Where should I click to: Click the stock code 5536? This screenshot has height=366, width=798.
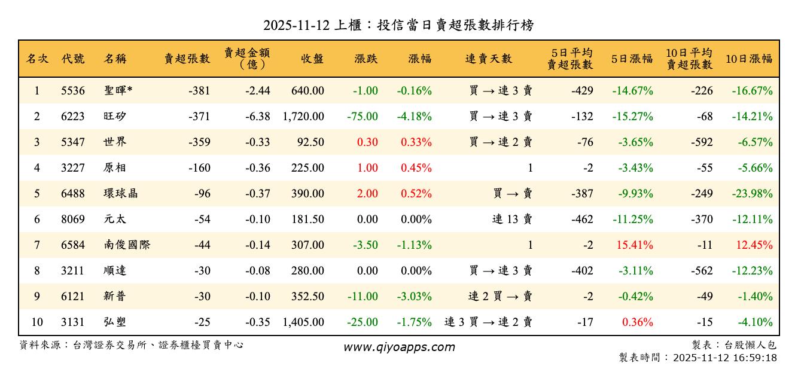(x=73, y=91)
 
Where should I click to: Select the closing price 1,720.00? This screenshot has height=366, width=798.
(x=303, y=117)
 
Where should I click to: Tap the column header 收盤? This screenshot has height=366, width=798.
(x=312, y=59)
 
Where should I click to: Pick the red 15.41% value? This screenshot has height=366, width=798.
(x=632, y=245)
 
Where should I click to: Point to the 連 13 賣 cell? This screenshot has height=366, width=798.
(x=512, y=219)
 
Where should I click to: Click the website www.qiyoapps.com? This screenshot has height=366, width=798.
(x=399, y=347)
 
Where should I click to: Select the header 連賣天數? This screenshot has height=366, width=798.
(x=489, y=59)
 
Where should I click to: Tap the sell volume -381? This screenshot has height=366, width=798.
(x=199, y=91)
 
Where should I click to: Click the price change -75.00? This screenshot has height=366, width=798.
(x=363, y=117)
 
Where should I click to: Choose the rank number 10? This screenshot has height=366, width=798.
(x=36, y=322)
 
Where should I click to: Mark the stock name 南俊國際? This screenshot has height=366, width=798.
(x=126, y=245)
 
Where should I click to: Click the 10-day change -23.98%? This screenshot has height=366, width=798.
(x=752, y=194)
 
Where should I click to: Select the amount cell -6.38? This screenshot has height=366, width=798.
(x=257, y=117)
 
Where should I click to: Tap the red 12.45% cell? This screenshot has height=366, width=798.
(x=755, y=245)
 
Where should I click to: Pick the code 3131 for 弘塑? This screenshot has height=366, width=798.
(x=73, y=322)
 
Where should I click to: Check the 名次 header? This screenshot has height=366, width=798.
(x=37, y=59)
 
